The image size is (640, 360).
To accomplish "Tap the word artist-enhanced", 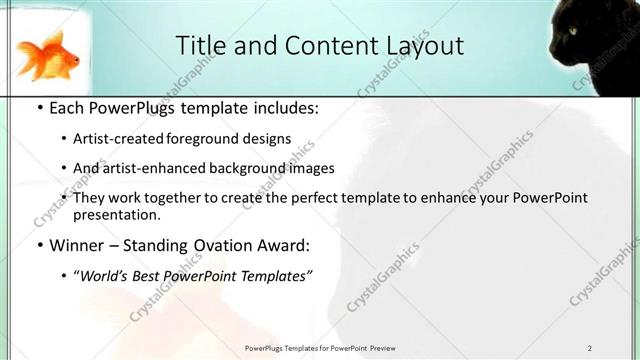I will pos(150,168).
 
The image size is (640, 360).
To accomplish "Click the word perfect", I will pos(320,197).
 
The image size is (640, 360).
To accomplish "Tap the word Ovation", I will pos(208,244).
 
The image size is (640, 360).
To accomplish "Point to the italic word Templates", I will pos(275,275).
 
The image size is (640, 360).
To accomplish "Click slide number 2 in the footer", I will pos(590,348).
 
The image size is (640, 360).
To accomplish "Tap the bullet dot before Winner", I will pos(38,245).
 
